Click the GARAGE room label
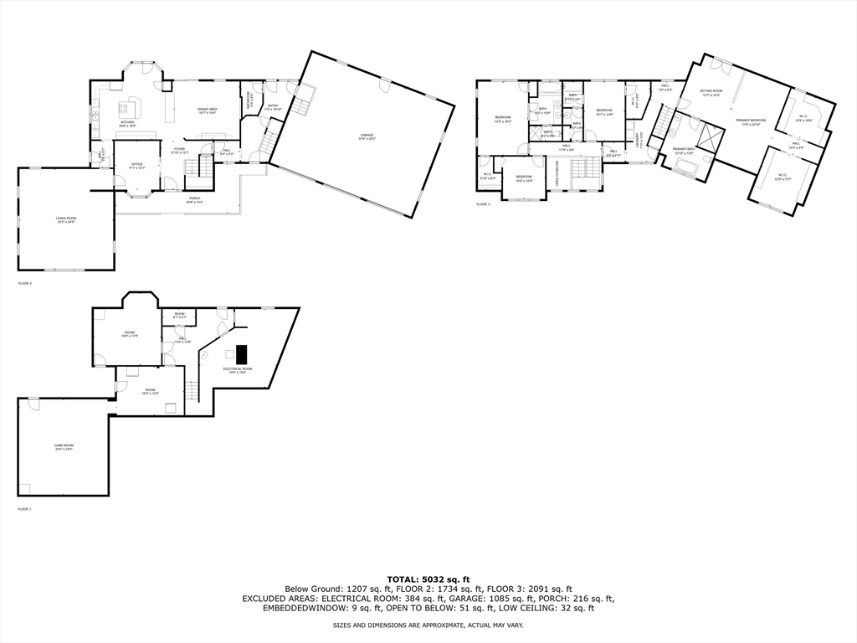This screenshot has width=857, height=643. (367, 136)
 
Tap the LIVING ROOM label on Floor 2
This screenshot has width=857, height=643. (66, 219)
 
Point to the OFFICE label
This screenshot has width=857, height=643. (136, 166)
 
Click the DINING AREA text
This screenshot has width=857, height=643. (208, 111)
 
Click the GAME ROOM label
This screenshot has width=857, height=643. (64, 447)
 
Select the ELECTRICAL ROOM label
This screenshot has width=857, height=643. (237, 369)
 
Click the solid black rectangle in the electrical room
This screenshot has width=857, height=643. (242, 352)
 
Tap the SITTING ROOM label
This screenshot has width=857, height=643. (711, 91)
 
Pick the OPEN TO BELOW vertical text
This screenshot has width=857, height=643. (557, 173)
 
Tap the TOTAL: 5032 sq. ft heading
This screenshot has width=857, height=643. (428, 579)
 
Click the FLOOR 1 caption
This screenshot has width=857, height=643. (24, 509)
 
